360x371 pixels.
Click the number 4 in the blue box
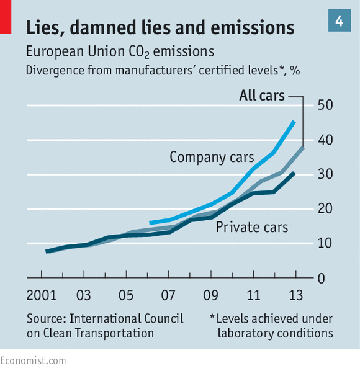coord(339,21)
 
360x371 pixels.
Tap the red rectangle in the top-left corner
coord(6,17)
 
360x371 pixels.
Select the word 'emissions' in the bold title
coord(252,27)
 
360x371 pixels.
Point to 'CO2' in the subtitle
coord(139,52)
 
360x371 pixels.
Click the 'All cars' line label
coord(262,96)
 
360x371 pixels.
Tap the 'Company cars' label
coord(212,158)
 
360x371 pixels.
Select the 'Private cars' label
coord(252,227)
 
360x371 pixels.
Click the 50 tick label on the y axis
coord(325,105)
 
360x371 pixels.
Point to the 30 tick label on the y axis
coord(325,174)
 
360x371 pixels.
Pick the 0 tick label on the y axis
coord(322,279)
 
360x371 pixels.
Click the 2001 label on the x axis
coord(42,295)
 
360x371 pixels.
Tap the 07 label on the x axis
coord(168,295)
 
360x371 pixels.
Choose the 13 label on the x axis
coord(296,295)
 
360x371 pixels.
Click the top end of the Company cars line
coord(294,122)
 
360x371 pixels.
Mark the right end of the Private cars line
coord(294,174)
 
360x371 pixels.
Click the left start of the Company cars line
coord(150,223)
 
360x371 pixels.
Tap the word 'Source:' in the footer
coord(47,318)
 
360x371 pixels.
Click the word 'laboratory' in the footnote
coord(245,334)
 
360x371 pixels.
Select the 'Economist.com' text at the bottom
coord(33,361)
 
